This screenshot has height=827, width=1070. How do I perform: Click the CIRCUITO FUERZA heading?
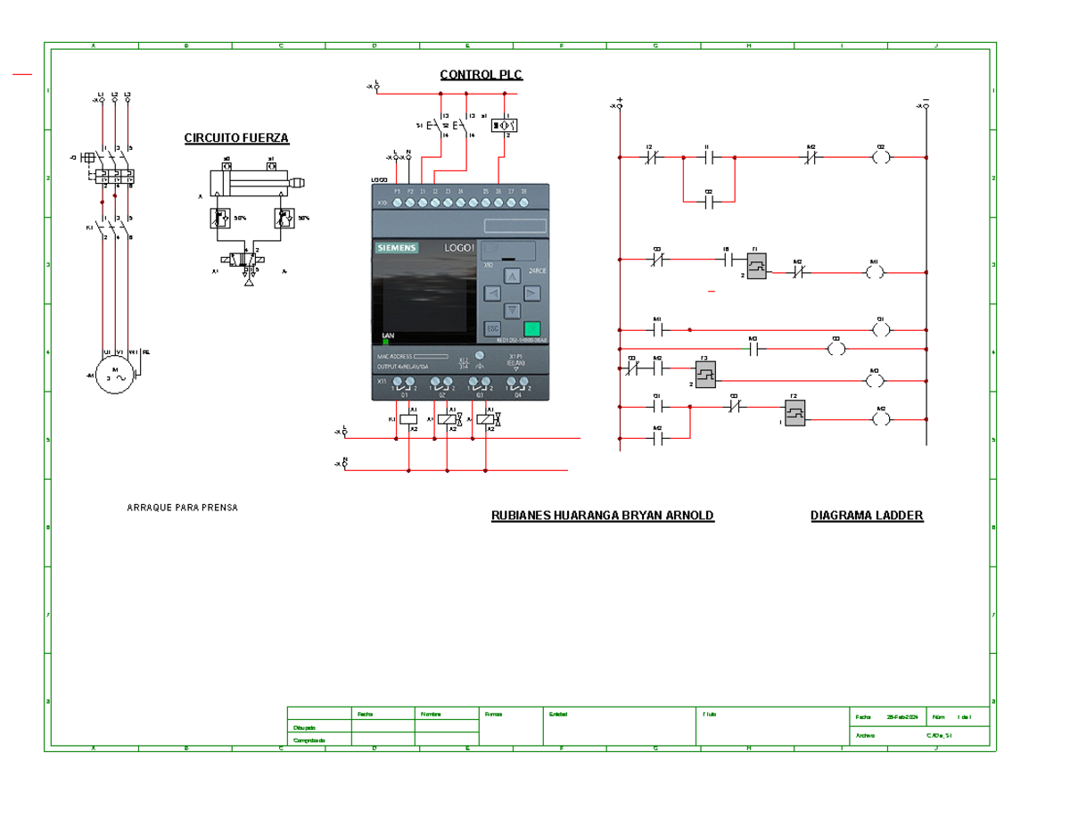tap(236, 138)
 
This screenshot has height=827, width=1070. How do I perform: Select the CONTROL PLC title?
tap(481, 75)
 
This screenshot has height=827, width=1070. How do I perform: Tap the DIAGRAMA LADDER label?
tap(866, 516)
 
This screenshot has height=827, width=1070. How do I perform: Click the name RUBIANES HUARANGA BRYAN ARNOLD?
tap(603, 516)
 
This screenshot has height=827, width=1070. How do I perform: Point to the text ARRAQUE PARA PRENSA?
tap(183, 508)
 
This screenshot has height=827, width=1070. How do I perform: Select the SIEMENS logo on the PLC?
tap(396, 248)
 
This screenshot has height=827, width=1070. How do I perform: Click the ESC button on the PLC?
tap(492, 328)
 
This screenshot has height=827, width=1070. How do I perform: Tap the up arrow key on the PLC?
tap(513, 276)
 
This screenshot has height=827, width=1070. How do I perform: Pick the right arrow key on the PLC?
tap(531, 293)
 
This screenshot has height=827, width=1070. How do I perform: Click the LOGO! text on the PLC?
tap(459, 247)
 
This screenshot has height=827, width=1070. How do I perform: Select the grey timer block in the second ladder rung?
tap(757, 267)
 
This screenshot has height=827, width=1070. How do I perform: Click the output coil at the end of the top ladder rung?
tap(881, 158)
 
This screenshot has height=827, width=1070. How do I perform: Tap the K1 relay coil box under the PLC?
tap(408, 418)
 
